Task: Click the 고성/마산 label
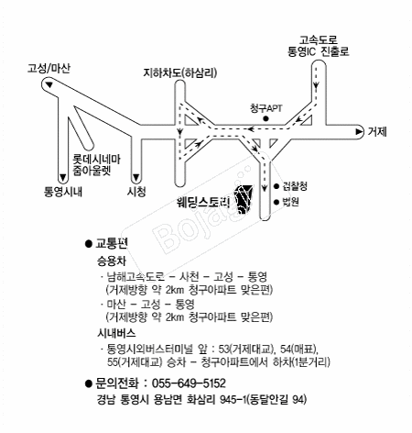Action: [x=49, y=68]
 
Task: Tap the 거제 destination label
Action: [x=377, y=131]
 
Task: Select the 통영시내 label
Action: [x=63, y=192]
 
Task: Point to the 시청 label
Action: [x=136, y=192]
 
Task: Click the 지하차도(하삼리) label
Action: [x=180, y=73]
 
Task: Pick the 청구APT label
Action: [x=266, y=108]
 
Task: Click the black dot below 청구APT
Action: [x=266, y=118]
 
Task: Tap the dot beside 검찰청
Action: [x=276, y=186]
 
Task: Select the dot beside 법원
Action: [x=276, y=202]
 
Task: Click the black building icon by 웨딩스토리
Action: [x=244, y=200]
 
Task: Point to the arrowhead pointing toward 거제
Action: [x=360, y=132]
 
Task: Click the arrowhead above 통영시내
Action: [x=63, y=177]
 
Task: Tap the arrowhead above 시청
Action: [x=136, y=177]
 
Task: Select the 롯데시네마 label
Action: [x=96, y=160]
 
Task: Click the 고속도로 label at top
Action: [x=319, y=39]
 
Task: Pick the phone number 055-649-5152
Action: [x=189, y=383]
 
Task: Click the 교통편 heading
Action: [x=112, y=243]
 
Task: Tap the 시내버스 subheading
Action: [x=116, y=333]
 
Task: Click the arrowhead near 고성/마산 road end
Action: [x=49, y=84]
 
